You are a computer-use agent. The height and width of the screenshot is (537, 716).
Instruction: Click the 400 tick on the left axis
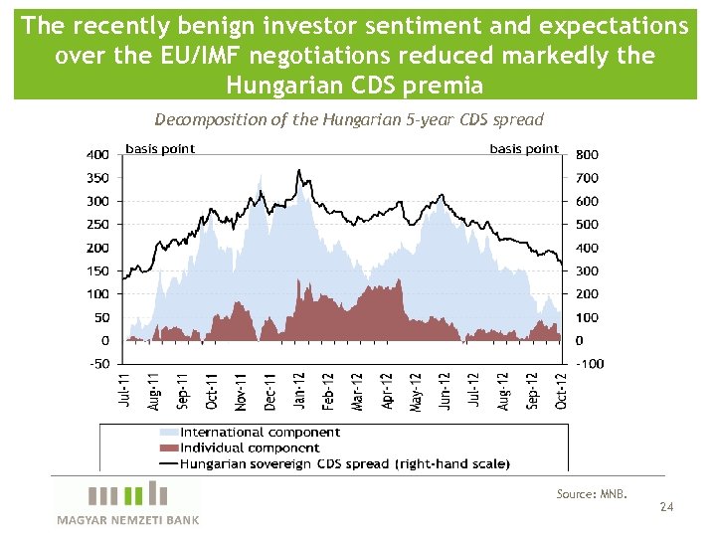point(96,154)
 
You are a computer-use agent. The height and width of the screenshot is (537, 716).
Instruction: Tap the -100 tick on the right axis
point(590,364)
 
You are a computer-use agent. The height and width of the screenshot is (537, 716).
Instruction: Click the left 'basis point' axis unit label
point(160,149)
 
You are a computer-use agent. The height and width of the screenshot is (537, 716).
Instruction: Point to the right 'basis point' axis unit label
point(524,149)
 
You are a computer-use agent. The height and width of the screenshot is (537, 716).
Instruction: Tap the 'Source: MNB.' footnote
point(592,493)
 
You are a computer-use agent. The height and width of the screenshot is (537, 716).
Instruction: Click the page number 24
point(666,508)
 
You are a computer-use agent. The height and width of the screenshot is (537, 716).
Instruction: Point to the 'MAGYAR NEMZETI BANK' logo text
point(127,520)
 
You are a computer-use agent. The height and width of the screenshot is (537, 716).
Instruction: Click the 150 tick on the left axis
point(96,270)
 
